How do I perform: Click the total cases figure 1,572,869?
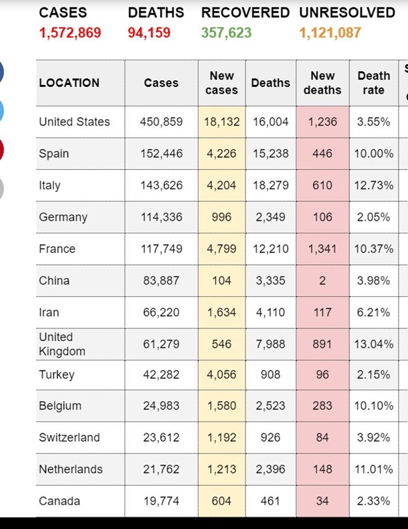(x=70, y=33)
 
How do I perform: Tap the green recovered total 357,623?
(x=227, y=33)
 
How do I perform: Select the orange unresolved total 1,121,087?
(x=330, y=33)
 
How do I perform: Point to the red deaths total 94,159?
(x=149, y=33)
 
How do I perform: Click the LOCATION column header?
(x=69, y=83)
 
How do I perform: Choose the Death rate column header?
(x=374, y=83)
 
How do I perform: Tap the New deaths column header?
(x=322, y=83)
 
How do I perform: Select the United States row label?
(x=74, y=122)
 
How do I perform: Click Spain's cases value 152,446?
(x=161, y=153)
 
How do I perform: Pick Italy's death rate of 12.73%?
(x=374, y=185)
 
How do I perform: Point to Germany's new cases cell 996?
(x=221, y=217)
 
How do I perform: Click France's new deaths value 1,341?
(x=322, y=249)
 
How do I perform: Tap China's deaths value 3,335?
(x=271, y=281)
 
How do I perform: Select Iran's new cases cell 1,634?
(x=221, y=312)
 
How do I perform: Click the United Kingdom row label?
(x=62, y=344)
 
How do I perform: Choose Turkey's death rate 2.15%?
(x=374, y=375)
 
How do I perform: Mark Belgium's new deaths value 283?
(x=322, y=406)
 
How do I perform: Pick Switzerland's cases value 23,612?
(x=161, y=437)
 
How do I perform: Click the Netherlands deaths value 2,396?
(x=271, y=469)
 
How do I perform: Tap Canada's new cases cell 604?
(x=221, y=501)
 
